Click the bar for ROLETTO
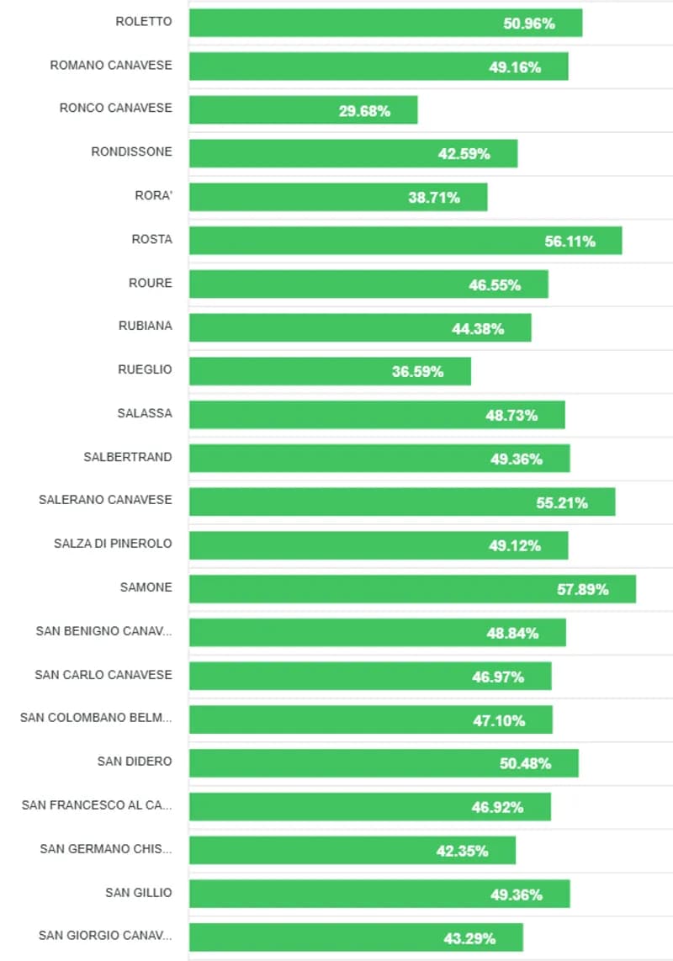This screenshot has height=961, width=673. [x=385, y=24]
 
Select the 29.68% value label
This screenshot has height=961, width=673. [x=364, y=111]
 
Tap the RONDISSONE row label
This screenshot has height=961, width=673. [x=131, y=151]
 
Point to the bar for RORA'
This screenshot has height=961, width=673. [x=338, y=198]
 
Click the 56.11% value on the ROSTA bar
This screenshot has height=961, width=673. [x=570, y=242]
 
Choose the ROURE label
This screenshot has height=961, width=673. [x=150, y=283]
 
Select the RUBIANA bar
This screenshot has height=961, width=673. [x=360, y=328]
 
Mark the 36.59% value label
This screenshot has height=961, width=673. [x=417, y=372]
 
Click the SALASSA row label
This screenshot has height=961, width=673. [x=145, y=413]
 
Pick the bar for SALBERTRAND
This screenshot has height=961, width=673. [x=379, y=459]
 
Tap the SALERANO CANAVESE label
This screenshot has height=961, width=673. [x=105, y=500]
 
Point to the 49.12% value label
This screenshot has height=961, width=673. [x=515, y=546]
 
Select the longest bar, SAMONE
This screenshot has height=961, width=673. [x=412, y=589]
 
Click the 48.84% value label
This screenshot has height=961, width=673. [x=512, y=634]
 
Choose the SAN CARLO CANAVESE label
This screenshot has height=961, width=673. [x=103, y=675]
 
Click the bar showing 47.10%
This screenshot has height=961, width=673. [x=370, y=720]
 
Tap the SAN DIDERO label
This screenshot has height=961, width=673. [x=135, y=762]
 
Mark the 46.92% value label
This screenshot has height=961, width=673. [x=497, y=808]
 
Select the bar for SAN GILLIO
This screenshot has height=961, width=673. [x=379, y=895]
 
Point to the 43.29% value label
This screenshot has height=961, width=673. [x=469, y=938]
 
